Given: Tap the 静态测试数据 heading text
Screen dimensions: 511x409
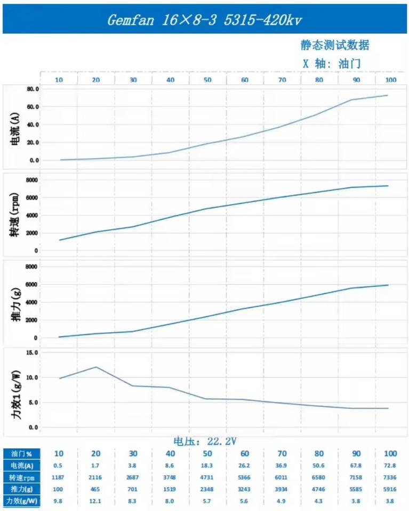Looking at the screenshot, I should [x=334, y=45].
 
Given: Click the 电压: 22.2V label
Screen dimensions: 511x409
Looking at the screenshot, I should [x=205, y=441].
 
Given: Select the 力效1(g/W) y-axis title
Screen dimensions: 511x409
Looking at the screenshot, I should [x=16, y=390].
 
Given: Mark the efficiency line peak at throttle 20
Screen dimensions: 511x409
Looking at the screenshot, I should [x=96, y=367].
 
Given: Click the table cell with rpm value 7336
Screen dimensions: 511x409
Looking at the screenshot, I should [x=391, y=477].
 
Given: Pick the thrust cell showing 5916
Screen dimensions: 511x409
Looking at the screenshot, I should [x=391, y=489].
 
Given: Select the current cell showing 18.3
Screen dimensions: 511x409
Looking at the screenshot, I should [x=207, y=466].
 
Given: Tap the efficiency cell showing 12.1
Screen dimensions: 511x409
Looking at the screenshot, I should [x=96, y=501].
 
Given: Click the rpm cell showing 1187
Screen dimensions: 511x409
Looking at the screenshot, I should [x=59, y=477].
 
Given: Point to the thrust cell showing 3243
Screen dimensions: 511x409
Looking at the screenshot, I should [x=245, y=489].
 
